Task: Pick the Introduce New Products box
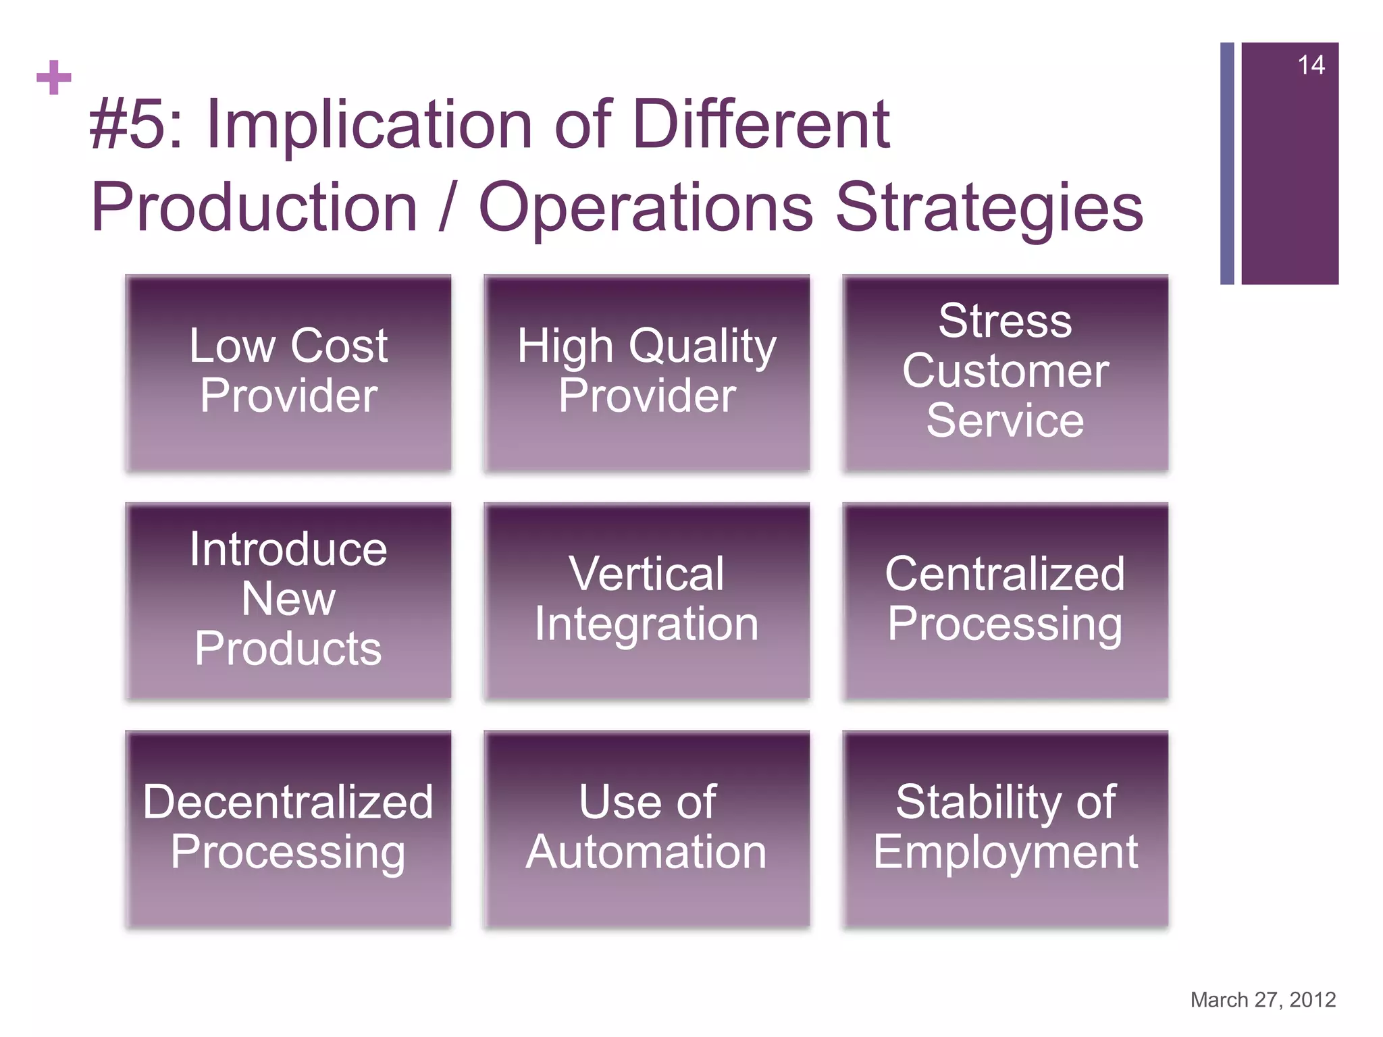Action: (288, 600)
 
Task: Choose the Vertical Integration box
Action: (646, 600)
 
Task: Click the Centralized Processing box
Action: (1005, 600)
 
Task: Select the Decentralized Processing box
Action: (288, 828)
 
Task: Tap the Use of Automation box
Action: (646, 828)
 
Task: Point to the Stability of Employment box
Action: (1005, 828)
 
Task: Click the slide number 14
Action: (1311, 65)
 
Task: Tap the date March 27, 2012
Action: (1263, 999)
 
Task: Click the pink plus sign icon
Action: (54, 78)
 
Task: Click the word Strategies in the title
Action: (989, 208)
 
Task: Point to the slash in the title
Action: (444, 208)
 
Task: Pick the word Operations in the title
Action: (646, 208)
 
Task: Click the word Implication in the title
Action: (370, 125)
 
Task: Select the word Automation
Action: (646, 852)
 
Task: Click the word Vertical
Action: (646, 574)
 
